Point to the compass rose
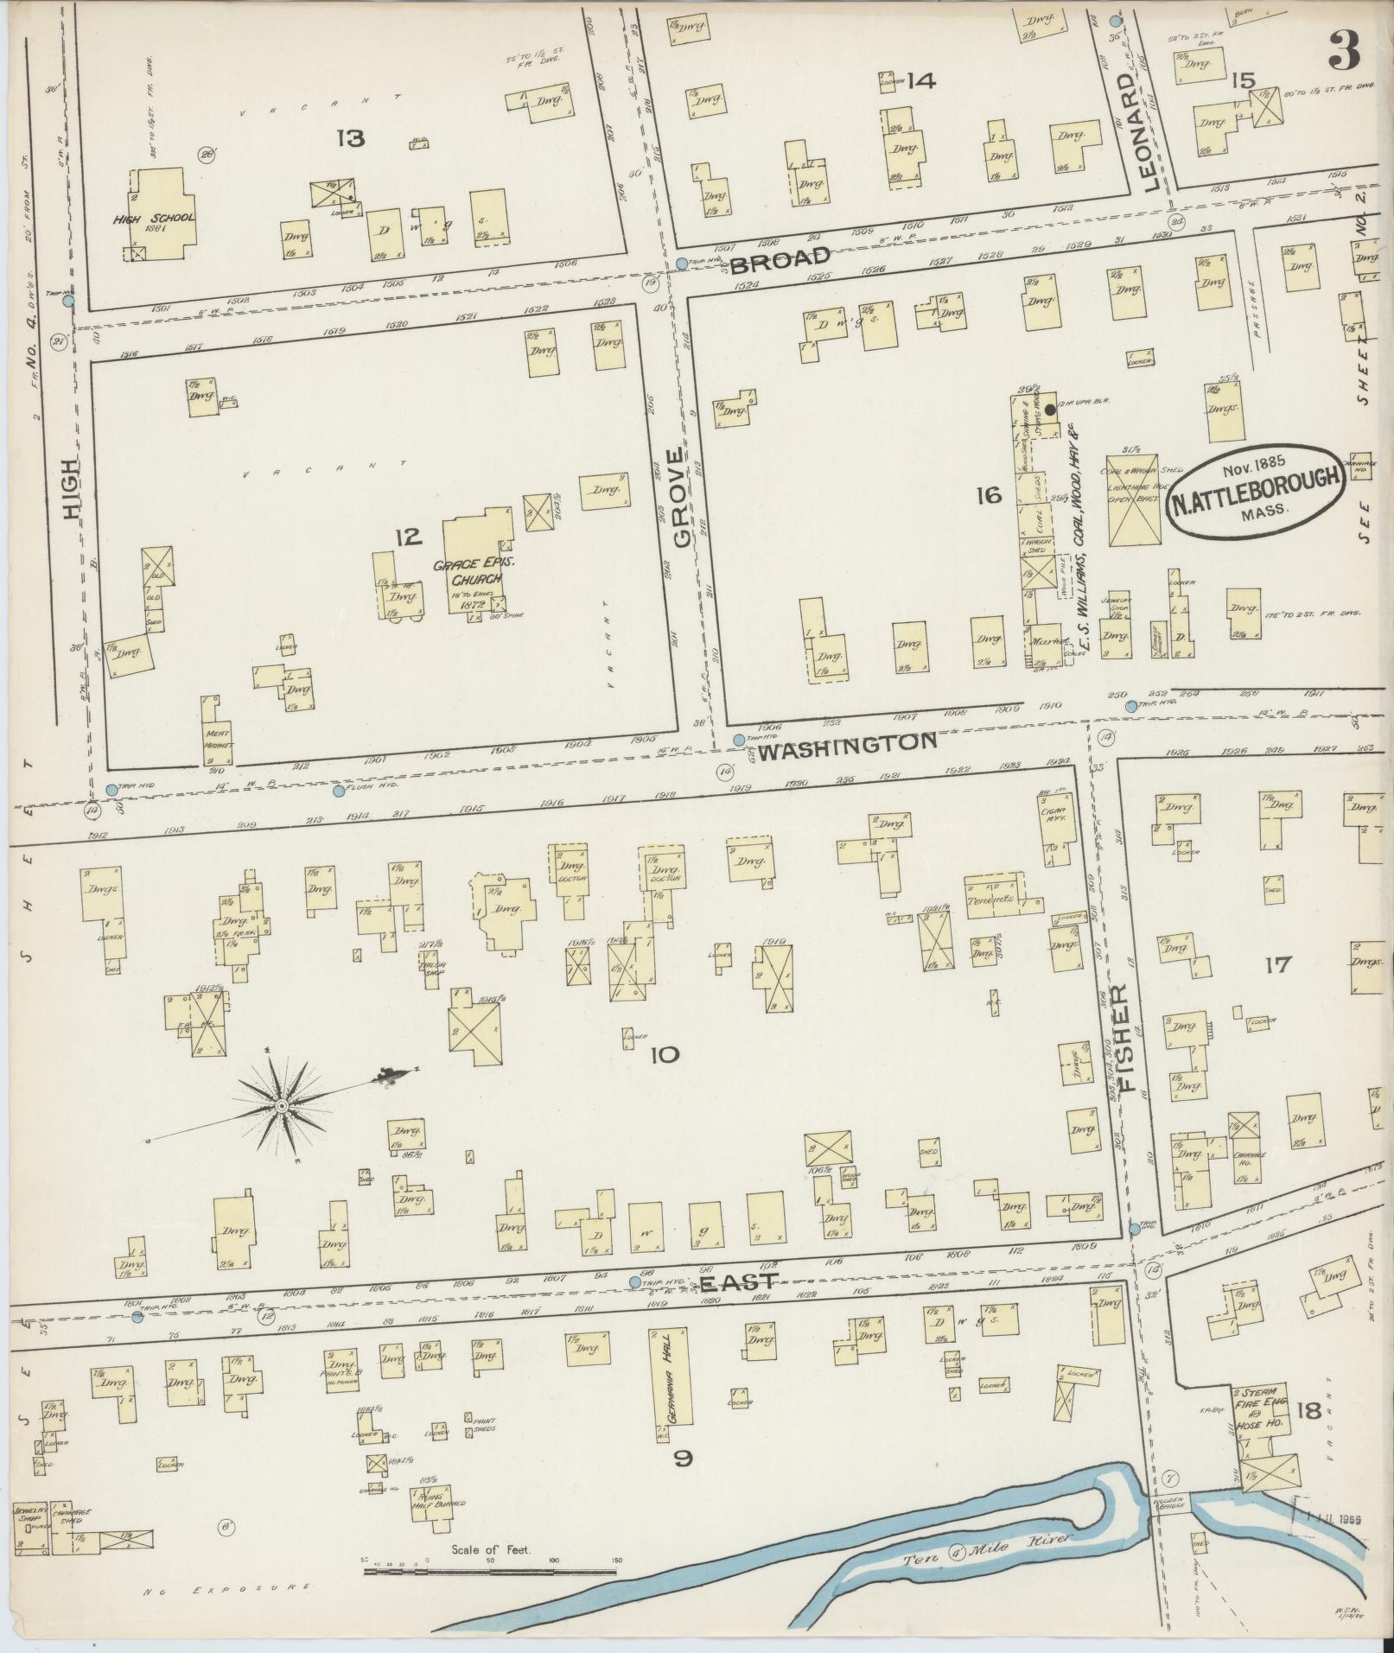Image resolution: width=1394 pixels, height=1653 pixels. point(282,1107)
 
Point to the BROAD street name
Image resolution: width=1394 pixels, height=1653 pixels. point(780,258)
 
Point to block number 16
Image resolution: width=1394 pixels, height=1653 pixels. point(988,495)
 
